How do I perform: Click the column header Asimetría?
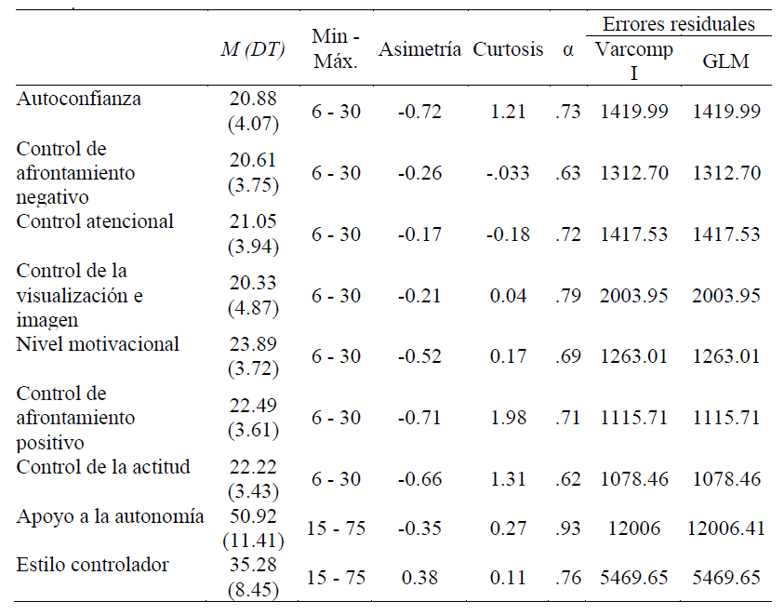419,50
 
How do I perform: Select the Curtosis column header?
508,50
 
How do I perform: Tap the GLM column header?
726,61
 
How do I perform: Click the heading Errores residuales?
680,24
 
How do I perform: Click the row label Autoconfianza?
79,98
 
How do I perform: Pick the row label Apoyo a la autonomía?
111,516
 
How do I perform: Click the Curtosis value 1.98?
508,419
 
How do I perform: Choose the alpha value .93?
568,528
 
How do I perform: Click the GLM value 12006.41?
726,528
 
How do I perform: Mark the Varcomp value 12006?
633,528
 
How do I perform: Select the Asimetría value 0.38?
419,577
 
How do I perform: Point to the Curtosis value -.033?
508,173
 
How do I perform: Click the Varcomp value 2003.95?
633,296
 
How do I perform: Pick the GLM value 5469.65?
726,577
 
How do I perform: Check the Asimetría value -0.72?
419,112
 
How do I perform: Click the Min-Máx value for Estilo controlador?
337,577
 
